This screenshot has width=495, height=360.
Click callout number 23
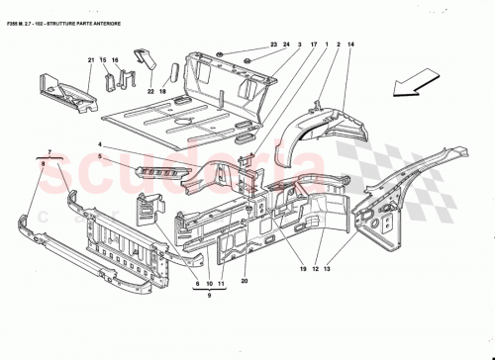[x=274, y=45]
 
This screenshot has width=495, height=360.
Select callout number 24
[x=287, y=45]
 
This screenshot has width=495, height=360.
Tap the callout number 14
[x=350, y=45]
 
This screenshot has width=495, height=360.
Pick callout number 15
[x=102, y=62]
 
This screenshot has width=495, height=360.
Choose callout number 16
[x=115, y=62]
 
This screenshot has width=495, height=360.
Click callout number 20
[x=244, y=281]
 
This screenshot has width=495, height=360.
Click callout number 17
[x=313, y=45]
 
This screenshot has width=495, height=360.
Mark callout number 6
[x=195, y=284]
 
